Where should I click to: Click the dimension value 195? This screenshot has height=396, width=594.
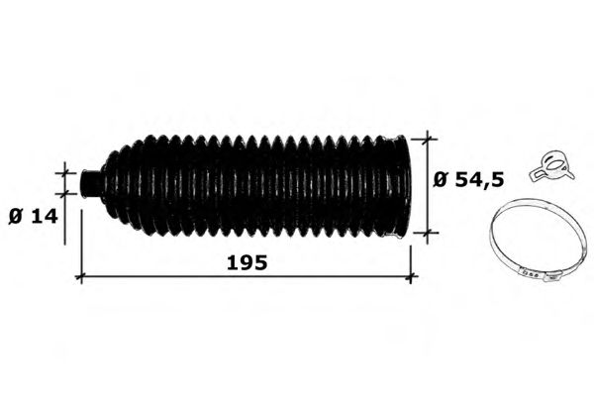[x=247, y=262]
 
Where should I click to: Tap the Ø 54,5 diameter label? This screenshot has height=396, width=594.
[x=469, y=179]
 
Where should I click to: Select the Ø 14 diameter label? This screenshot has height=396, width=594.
[x=34, y=217]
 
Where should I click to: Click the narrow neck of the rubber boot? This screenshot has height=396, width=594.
[x=91, y=182]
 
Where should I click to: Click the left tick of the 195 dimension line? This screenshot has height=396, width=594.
[x=81, y=277]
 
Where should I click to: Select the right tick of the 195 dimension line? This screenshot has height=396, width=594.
[x=411, y=277]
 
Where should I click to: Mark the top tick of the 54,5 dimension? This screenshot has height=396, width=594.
[x=428, y=139]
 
